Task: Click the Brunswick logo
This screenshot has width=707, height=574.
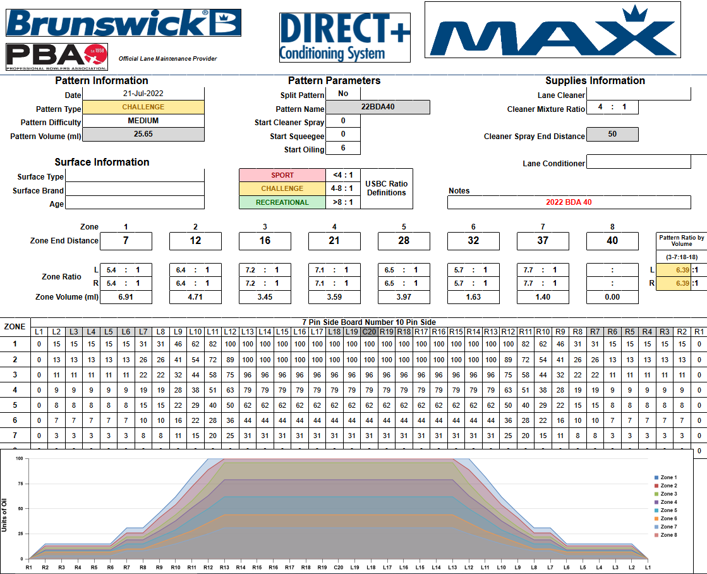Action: tap(124, 23)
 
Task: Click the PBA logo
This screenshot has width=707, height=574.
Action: tap(57, 57)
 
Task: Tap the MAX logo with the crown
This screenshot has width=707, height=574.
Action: tap(552, 30)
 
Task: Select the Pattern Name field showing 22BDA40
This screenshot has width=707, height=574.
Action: tap(378, 107)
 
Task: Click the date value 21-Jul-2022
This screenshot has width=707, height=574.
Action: tap(143, 94)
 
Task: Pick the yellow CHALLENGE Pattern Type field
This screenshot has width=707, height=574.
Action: tap(143, 107)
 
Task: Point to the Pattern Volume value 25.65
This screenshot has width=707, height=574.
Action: tap(143, 134)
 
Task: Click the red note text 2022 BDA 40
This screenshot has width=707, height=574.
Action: tap(569, 202)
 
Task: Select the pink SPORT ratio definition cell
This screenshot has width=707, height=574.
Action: tap(282, 175)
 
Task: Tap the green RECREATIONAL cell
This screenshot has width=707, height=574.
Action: tap(282, 202)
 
